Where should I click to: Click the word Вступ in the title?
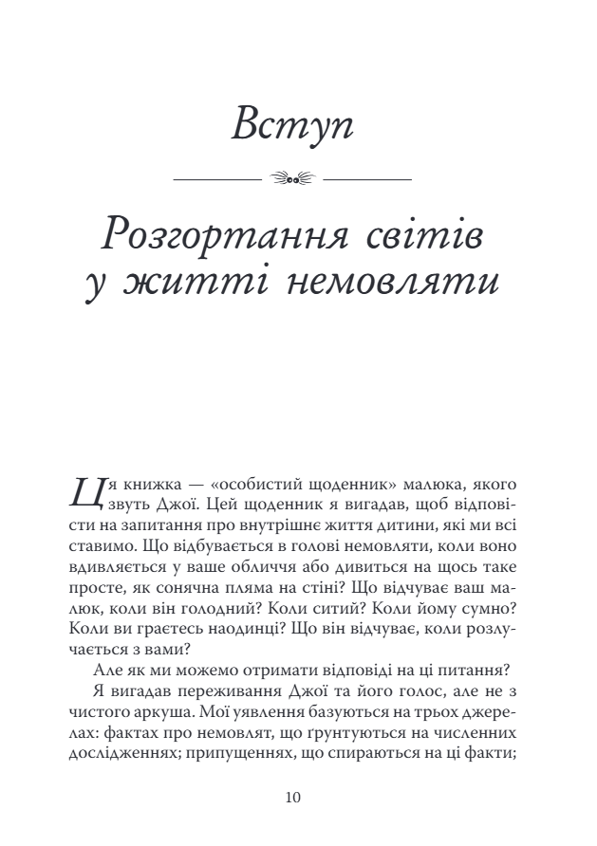(x=292, y=125)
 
